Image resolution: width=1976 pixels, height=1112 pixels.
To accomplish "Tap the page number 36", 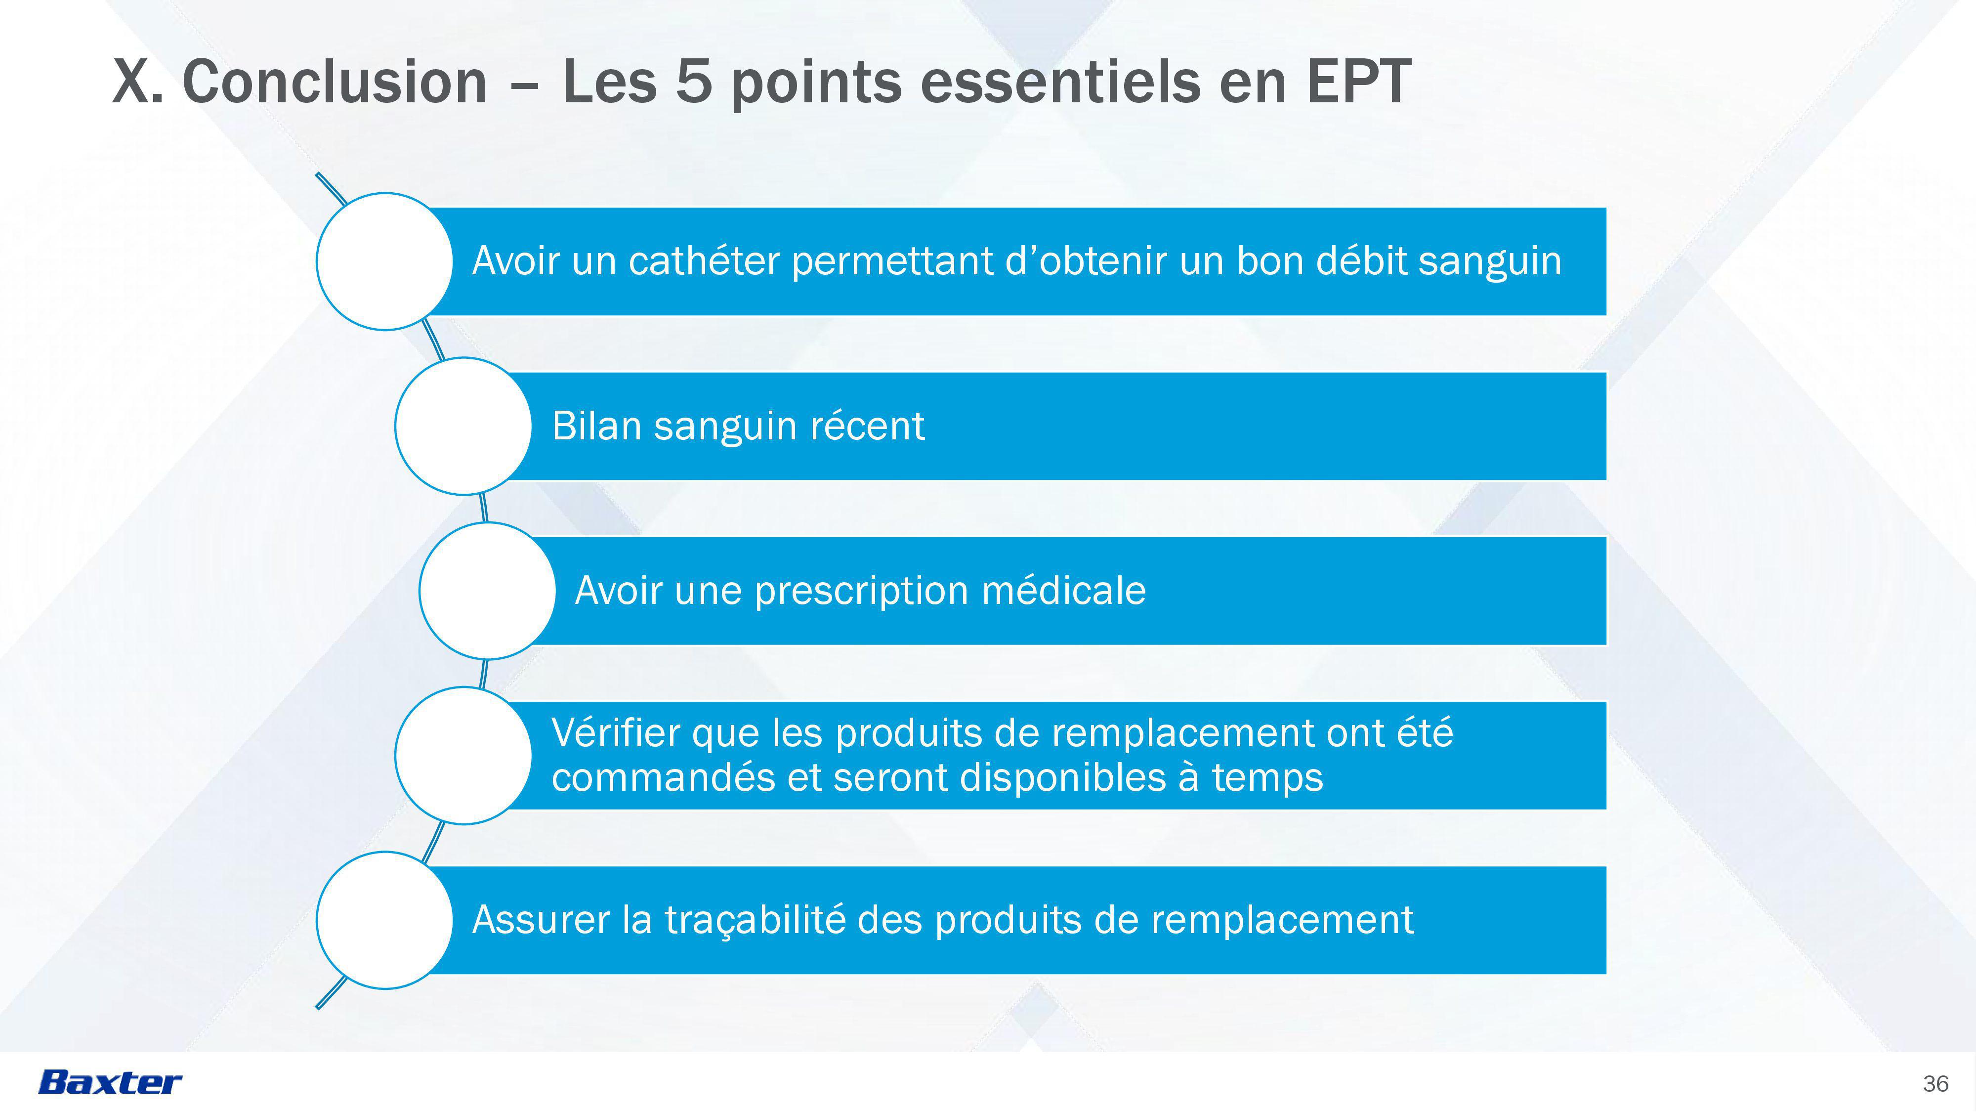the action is pyautogui.click(x=1935, y=1084).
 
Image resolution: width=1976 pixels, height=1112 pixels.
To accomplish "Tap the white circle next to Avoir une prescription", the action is pyautogui.click(x=487, y=591).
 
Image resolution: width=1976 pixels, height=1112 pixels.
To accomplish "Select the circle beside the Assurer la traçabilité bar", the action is pyautogui.click(x=385, y=920).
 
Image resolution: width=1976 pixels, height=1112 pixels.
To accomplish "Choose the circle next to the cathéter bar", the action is pyautogui.click(x=385, y=262).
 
